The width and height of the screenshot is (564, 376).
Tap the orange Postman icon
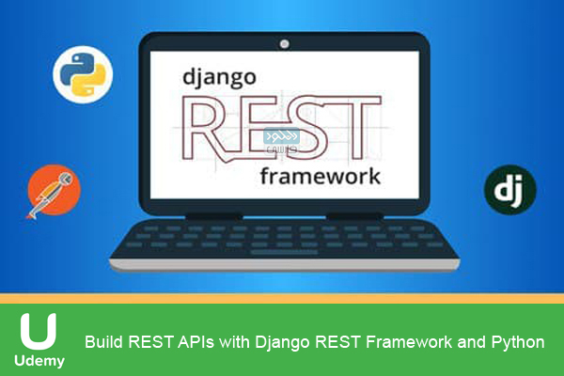[54, 191]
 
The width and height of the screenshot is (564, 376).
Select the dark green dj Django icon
[509, 189]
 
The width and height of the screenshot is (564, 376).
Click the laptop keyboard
[282, 243]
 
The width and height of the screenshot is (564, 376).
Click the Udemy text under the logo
[39, 362]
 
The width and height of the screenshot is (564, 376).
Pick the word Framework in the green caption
[406, 342]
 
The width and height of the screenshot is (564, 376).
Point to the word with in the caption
[236, 342]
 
